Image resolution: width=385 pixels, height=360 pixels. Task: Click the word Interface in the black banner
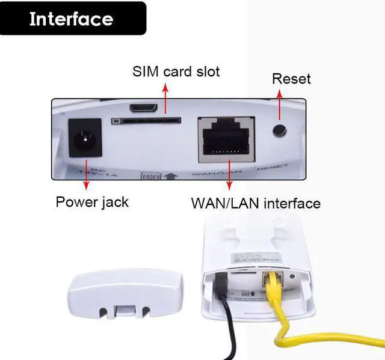tap(71, 19)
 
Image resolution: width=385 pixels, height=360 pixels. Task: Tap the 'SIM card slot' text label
tap(176, 72)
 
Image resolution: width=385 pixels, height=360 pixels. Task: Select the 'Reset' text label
tap(291, 79)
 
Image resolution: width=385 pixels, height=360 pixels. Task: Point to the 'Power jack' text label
tap(92, 202)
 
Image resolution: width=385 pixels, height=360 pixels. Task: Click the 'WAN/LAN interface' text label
tap(256, 203)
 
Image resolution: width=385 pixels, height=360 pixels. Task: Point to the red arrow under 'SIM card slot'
tap(166, 96)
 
